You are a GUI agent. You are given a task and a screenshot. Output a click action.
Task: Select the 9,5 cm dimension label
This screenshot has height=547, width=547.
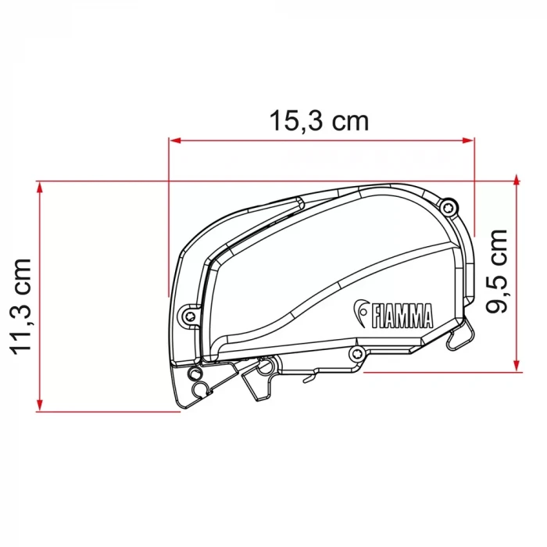pos(497,270)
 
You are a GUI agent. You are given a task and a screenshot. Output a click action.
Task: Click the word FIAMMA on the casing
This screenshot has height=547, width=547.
pos(402,317)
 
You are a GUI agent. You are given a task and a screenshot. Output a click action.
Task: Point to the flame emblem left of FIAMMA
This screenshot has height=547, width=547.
pos(363,313)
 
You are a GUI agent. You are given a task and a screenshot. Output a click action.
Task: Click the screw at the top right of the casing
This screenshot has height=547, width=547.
pos(447,207)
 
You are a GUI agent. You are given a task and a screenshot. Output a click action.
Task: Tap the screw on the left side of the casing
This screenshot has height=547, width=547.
pos(188,314)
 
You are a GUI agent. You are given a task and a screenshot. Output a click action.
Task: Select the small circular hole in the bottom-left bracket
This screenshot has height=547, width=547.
pos(198,388)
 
